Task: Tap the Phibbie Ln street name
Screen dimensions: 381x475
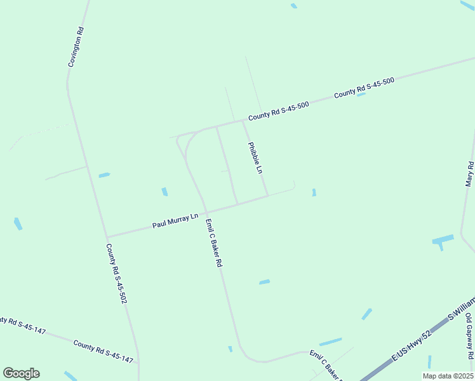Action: click(255, 157)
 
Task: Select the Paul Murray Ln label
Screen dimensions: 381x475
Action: click(175, 221)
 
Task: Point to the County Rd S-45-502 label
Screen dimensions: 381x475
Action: click(116, 273)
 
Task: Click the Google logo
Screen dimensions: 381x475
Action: click(21, 373)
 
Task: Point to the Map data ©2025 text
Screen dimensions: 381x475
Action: click(447, 375)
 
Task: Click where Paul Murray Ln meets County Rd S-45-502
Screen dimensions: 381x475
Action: click(107, 237)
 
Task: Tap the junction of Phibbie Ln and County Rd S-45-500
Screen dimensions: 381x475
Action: click(243, 121)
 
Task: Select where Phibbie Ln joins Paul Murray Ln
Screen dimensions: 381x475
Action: click(267, 196)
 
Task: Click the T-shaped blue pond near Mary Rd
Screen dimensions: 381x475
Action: click(442, 241)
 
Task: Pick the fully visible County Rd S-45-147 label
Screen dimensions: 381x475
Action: click(103, 352)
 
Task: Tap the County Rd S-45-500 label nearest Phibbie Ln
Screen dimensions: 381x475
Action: click(278, 111)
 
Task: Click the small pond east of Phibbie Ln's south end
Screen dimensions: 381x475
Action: click(314, 192)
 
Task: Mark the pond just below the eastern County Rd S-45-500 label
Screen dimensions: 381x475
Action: click(361, 94)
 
